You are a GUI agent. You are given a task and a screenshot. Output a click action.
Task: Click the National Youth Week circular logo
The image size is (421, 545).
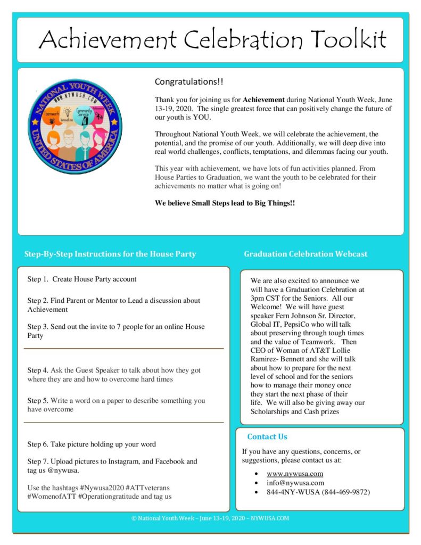point(75,126)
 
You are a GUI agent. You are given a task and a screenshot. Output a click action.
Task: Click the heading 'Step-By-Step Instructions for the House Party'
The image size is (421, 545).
point(110,254)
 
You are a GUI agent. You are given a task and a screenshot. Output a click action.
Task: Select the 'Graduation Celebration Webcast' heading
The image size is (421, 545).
point(306,254)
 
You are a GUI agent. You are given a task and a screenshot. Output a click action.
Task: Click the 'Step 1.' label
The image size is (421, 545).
point(38,279)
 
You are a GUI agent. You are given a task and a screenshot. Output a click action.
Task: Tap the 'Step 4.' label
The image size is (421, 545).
point(38,370)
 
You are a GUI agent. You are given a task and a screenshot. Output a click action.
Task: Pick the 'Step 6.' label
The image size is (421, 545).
point(38,444)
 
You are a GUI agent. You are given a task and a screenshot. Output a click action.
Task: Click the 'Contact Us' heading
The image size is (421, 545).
point(267,436)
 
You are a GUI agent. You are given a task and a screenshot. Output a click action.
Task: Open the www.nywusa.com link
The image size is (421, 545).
point(295,474)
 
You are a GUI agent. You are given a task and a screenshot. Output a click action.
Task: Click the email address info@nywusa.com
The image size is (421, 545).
point(295,483)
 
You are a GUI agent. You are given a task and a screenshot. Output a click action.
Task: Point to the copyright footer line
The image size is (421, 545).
point(210,518)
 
